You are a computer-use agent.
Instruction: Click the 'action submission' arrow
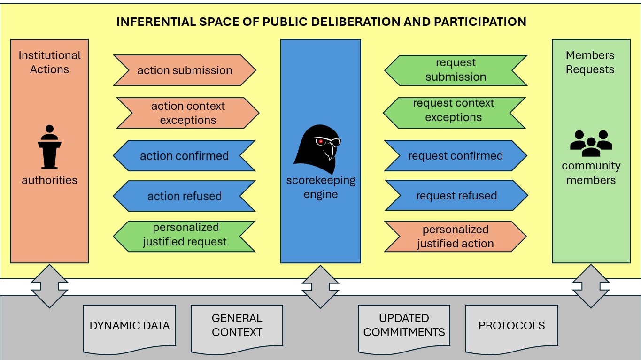click(185, 70)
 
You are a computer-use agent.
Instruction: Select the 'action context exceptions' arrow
click(188, 113)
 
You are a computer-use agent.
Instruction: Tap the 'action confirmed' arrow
click(184, 156)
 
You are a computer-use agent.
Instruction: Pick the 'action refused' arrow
click(184, 196)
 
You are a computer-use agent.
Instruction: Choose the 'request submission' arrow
click(456, 70)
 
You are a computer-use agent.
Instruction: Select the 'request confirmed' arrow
click(456, 156)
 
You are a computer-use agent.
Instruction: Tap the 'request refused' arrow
click(456, 196)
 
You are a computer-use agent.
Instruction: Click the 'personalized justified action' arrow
click(456, 237)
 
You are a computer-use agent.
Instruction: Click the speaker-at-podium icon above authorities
click(49, 147)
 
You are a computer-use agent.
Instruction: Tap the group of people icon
click(591, 143)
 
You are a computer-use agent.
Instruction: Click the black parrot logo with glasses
click(317, 149)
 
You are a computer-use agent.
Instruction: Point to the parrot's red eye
click(321, 141)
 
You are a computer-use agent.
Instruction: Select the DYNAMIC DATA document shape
click(130, 327)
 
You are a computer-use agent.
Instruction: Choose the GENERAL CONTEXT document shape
click(237, 327)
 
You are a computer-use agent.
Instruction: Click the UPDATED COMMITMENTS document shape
click(404, 327)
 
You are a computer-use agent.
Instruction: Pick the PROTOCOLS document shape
click(511, 327)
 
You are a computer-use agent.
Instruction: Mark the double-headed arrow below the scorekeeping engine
click(321, 286)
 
